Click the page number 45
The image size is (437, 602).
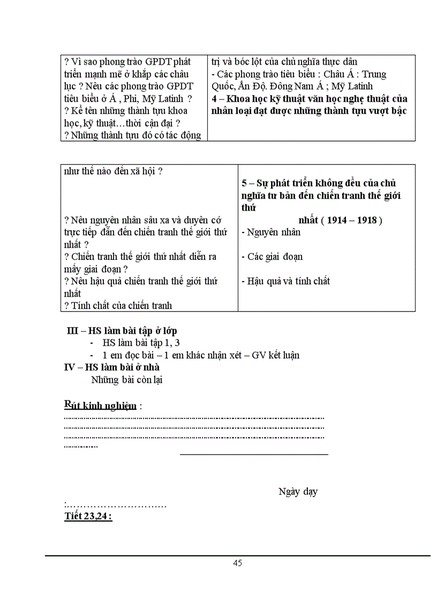point(238,563)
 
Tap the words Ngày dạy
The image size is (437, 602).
point(298,492)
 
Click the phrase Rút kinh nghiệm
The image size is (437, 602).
point(100,405)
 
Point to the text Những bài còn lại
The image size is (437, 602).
point(126,380)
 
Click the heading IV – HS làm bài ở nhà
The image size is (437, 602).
point(112,368)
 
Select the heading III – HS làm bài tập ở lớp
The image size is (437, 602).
point(122,331)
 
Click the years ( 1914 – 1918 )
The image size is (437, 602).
point(340,220)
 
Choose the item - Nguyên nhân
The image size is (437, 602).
point(271,232)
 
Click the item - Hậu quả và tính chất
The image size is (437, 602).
point(285,281)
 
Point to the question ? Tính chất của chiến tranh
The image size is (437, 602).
point(118,306)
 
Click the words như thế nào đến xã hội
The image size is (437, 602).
point(113,171)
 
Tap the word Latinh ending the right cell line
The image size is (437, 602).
point(373,86)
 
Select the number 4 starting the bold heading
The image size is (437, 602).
point(214,99)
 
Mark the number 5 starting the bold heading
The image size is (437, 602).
point(244,183)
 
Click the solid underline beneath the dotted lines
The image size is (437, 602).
point(254,454)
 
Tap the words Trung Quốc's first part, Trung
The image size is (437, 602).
point(374,74)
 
